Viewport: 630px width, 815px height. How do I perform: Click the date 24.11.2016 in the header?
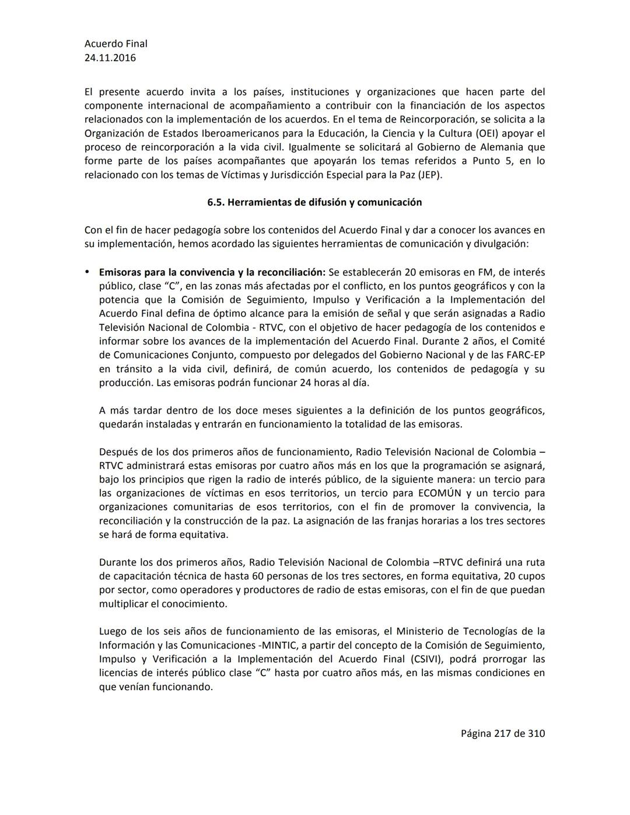point(110,58)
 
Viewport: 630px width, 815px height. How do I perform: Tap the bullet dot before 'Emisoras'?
point(87,272)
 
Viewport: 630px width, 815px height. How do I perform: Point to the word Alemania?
point(520,147)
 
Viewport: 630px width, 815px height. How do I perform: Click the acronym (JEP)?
point(430,175)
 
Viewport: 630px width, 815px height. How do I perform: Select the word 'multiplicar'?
point(124,604)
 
